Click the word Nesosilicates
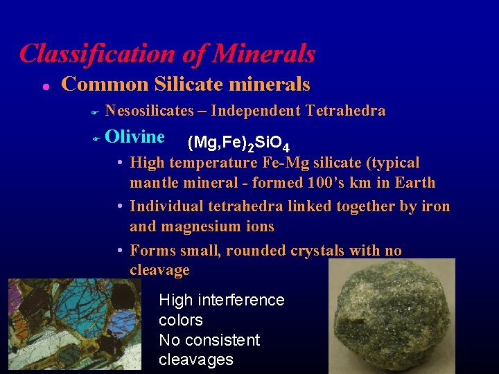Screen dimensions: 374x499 (150, 111)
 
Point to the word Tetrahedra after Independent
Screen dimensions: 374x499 (345, 111)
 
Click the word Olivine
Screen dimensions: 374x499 (134, 136)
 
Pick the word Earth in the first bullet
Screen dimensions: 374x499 (414, 184)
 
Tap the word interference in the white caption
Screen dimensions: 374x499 (241, 300)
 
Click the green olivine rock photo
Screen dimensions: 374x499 (391, 315)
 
